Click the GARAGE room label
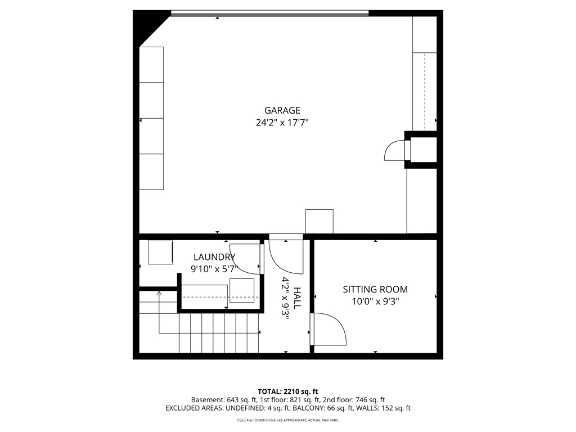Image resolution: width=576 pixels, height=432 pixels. pos(282,110)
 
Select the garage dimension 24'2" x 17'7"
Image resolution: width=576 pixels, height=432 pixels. pos(282,122)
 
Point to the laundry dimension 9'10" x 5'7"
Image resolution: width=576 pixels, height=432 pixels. pos(214,269)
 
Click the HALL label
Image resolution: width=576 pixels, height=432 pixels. pos(297,298)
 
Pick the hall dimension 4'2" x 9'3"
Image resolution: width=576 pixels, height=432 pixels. pos(285,298)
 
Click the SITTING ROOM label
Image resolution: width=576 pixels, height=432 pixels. pos(375,290)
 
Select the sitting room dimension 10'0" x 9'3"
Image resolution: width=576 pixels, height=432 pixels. pos(375,301)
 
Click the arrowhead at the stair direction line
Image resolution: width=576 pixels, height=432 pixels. pos(159,293)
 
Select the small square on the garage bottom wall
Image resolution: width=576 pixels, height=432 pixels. pos(319,221)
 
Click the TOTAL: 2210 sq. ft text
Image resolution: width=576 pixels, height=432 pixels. pos(288,391)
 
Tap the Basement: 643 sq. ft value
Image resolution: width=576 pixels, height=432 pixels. pos(223,399)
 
